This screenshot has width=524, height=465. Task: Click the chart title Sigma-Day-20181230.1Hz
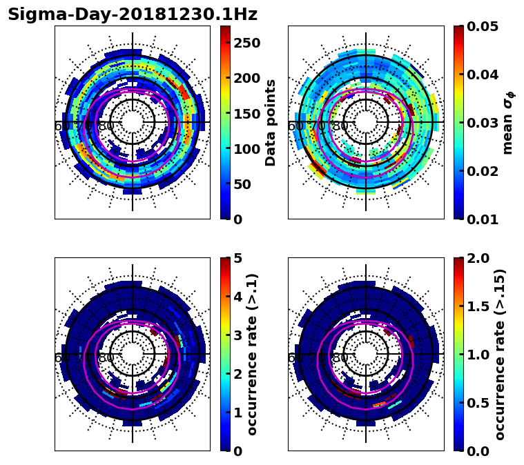(x=133, y=14)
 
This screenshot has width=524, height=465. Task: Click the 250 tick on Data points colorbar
(x=247, y=43)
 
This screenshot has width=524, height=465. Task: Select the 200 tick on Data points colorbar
(x=247, y=78)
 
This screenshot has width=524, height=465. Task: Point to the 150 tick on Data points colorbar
(x=247, y=114)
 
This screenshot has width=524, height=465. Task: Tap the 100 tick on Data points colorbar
(x=247, y=149)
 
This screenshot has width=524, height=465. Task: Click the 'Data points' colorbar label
(x=271, y=122)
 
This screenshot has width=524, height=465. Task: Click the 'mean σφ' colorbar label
(x=508, y=122)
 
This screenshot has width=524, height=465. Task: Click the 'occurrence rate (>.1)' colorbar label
(x=252, y=354)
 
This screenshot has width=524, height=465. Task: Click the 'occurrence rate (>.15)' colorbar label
(x=500, y=354)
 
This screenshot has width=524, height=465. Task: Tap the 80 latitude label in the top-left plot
(x=106, y=127)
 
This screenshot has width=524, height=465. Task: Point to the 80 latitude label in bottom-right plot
(x=340, y=359)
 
